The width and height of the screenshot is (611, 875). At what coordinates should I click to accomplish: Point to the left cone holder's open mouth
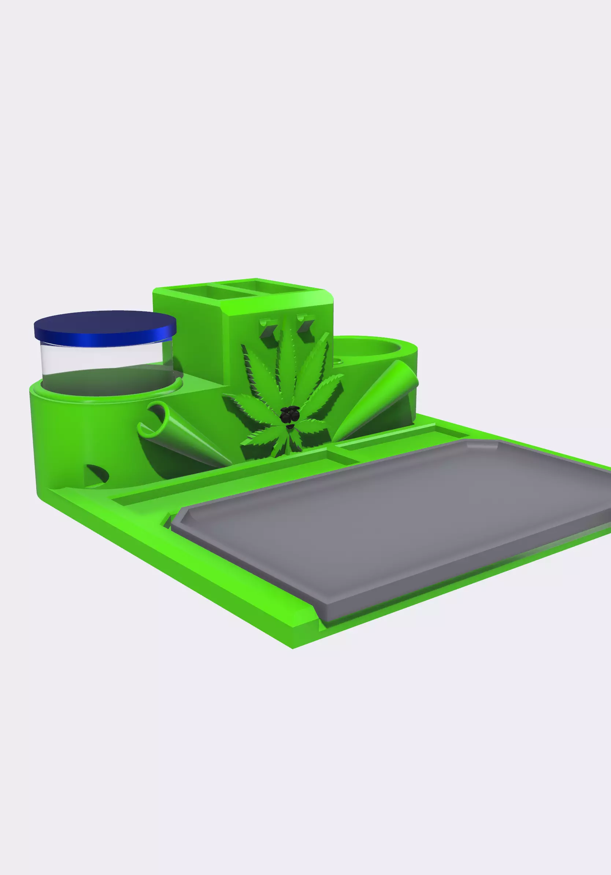(x=154, y=419)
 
